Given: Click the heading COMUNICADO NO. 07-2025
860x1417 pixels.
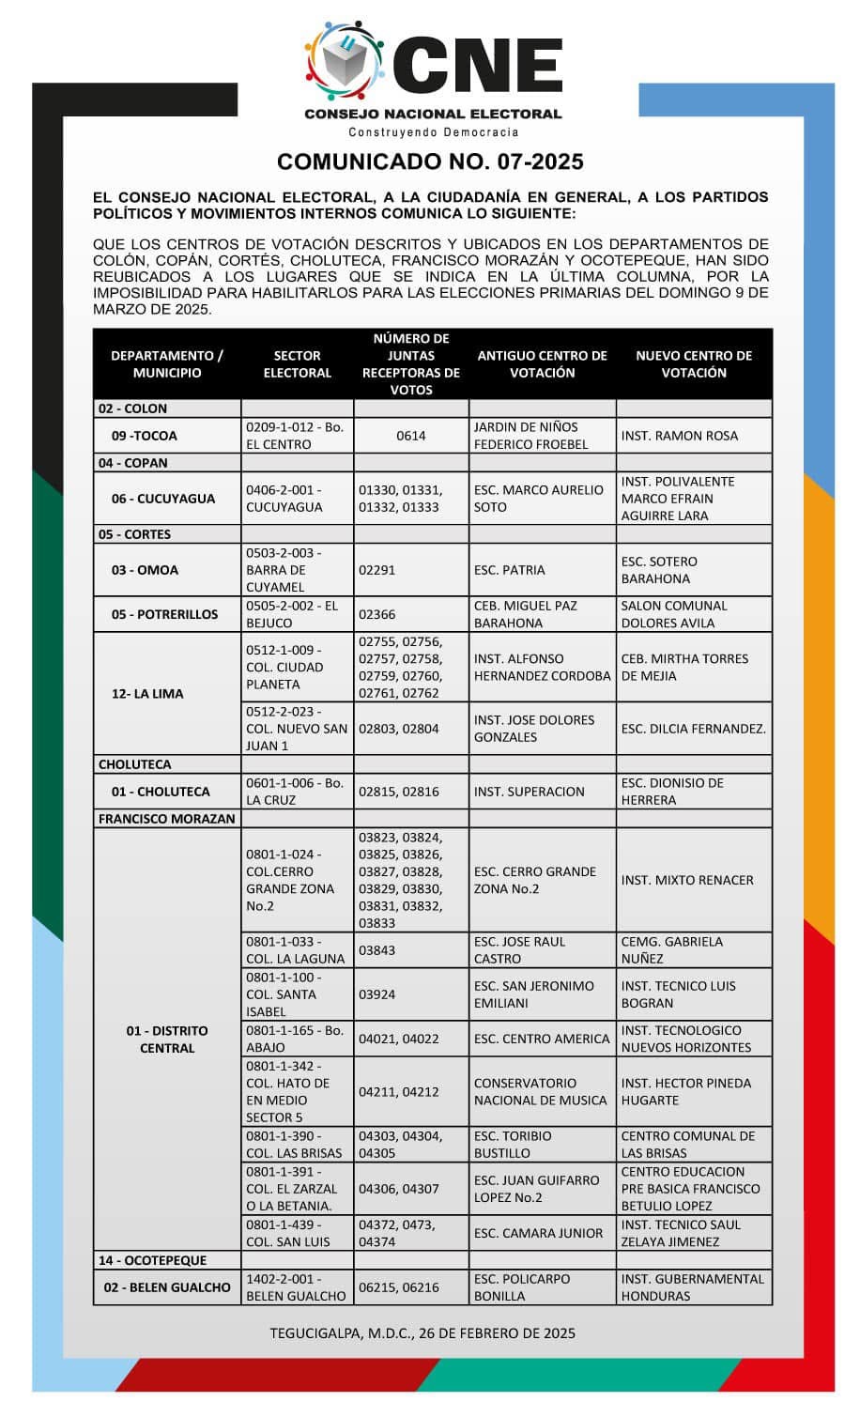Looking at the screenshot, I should click(430, 162).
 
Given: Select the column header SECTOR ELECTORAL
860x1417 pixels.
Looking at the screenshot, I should click(297, 364).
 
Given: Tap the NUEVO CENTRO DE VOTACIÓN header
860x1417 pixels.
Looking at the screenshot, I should click(694, 364).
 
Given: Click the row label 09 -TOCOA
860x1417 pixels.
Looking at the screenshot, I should click(144, 436).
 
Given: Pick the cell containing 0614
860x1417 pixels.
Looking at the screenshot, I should click(410, 436).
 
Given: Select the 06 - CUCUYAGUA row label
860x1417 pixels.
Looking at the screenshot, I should click(163, 499).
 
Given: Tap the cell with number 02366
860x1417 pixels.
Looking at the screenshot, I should click(376, 614).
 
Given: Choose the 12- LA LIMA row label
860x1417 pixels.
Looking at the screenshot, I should click(147, 694).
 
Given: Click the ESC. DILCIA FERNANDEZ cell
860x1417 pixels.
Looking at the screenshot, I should click(693, 729).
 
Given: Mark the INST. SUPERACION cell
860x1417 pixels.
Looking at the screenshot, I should click(530, 792).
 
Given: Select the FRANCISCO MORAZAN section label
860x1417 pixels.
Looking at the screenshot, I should click(167, 819).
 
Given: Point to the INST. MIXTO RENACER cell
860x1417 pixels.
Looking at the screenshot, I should click(687, 880).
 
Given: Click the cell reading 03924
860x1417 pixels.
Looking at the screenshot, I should click(376, 994).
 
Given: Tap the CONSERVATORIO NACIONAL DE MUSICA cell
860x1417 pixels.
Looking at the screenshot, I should click(540, 1091).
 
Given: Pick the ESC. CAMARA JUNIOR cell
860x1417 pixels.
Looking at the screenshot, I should click(538, 1233).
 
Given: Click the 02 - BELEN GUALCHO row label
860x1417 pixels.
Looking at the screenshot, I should click(167, 1287).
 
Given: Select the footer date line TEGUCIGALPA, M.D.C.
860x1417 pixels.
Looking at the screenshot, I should click(422, 1332).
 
